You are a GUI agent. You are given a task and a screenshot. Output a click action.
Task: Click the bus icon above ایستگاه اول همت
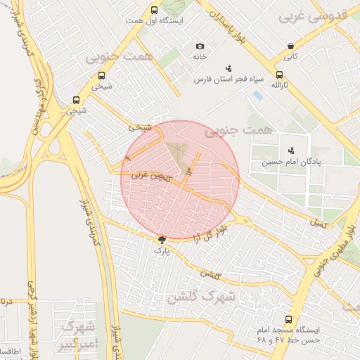point(155,10)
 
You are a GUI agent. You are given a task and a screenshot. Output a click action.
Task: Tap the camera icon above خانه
point(200,46)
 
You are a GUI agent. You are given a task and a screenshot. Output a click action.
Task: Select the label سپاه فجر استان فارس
point(229,79)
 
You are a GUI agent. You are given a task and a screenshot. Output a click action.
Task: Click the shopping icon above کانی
point(290,46)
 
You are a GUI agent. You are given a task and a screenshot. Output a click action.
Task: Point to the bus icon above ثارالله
point(280,74)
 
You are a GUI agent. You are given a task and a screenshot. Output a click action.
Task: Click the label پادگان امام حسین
point(291,162)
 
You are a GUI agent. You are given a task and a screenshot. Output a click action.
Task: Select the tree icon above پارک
point(162,239)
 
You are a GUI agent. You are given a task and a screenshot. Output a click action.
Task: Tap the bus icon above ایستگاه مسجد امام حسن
point(288,319)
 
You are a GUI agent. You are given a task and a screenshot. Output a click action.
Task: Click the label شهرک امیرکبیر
point(77,335)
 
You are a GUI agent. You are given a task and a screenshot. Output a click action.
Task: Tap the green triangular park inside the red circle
point(179,155)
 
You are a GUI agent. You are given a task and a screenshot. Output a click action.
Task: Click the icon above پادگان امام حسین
point(291,150)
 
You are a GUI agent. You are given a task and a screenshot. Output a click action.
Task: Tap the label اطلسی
point(10,350)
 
